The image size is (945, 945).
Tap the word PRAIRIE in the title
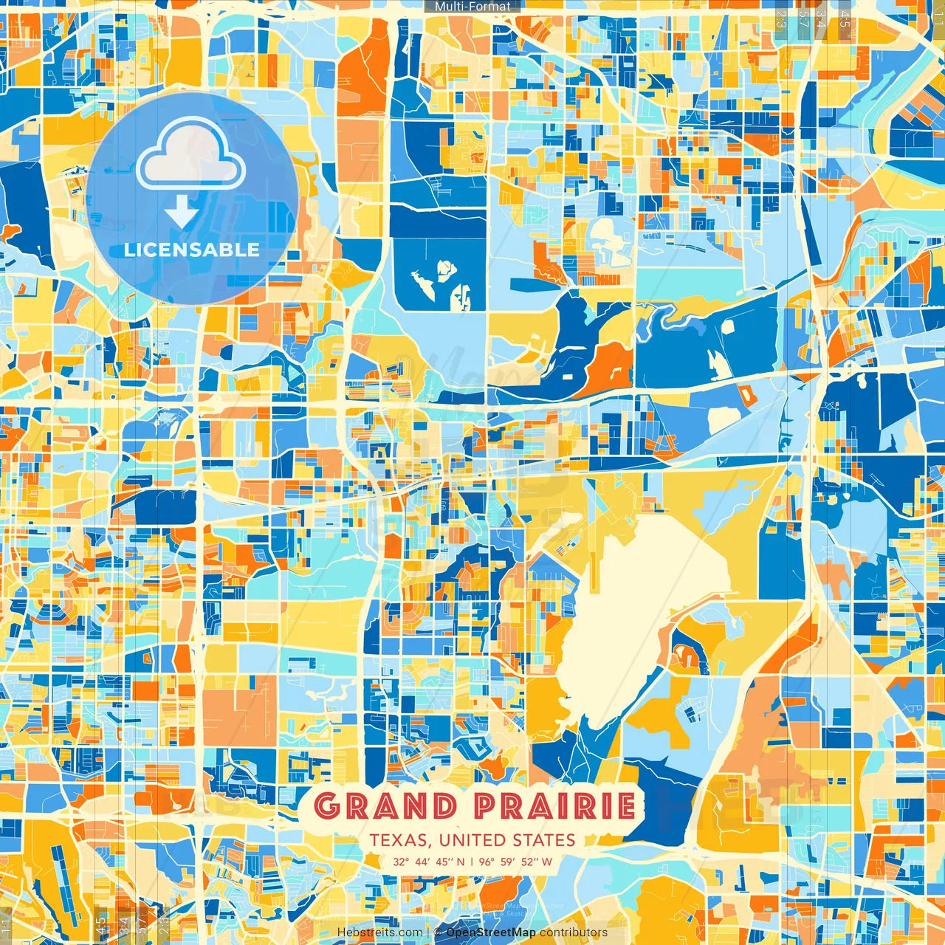pos(554,806)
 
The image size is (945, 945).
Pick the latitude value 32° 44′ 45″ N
pos(428,862)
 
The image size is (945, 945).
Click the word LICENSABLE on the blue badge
pos(192,250)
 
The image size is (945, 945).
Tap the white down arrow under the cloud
pos(182,211)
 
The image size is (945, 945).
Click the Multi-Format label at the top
pos(472,7)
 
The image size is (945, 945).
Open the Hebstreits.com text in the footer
pos(379,932)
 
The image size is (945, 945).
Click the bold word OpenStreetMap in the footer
pos(491,932)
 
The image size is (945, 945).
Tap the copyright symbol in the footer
pos(438,932)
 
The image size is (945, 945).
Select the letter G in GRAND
pos(328,806)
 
